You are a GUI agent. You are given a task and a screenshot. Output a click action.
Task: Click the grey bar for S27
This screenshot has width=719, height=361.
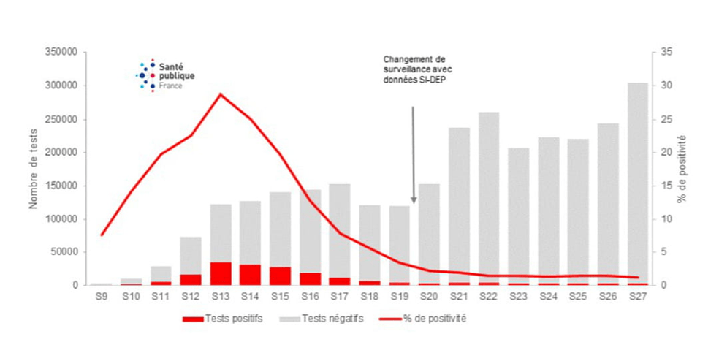pos(636,183)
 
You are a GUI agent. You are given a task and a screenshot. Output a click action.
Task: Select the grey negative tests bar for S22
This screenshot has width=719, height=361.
pos(488,197)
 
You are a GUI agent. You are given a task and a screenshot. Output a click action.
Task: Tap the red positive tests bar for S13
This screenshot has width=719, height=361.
pos(221,273)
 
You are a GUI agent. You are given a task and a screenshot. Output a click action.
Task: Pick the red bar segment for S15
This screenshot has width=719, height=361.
pos(280,275)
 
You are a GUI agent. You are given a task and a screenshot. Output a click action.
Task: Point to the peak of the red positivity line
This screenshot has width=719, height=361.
pos(221,94)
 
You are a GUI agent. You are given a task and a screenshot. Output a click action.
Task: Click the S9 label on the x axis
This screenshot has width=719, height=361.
pos(102,296)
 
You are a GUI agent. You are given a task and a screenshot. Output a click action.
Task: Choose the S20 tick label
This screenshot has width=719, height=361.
pos(429,296)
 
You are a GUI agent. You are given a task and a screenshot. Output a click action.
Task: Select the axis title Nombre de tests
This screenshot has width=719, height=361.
pos(34,169)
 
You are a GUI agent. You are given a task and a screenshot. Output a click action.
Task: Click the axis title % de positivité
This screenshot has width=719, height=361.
pos(682,169)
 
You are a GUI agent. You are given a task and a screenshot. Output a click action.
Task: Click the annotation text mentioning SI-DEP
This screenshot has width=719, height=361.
pos(414,69)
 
